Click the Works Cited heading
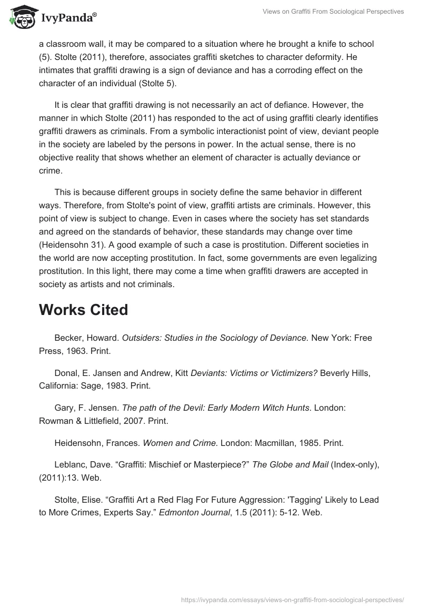click(x=83, y=310)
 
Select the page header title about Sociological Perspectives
click(x=333, y=12)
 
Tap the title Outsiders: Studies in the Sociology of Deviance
click(x=215, y=338)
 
